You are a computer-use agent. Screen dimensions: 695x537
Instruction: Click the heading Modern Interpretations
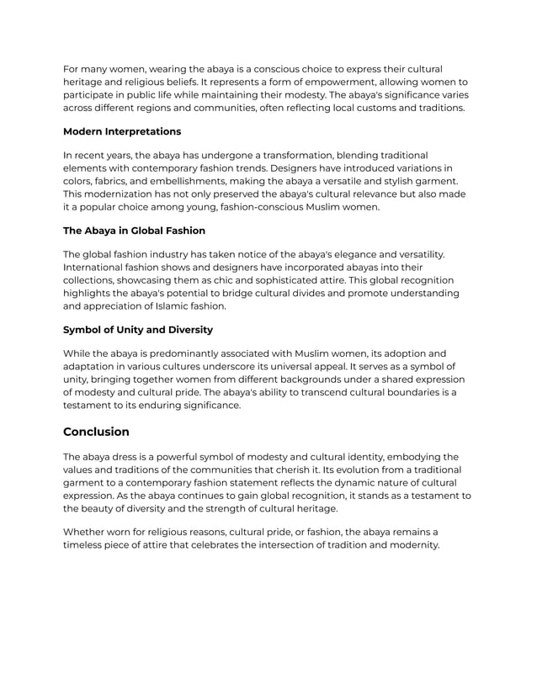122,131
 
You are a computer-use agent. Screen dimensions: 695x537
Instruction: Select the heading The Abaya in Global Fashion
134,230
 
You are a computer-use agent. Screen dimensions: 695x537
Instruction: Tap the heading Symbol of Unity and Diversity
138,329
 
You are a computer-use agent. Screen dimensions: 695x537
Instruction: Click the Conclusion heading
97,432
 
